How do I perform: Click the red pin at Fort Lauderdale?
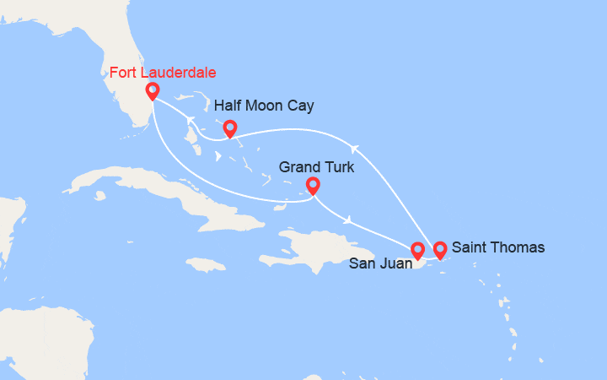pos(153,91)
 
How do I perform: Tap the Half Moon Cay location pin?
pos(229,128)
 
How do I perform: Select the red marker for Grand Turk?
pos(313,185)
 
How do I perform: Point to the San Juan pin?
pos(417,250)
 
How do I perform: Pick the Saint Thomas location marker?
pos(439,250)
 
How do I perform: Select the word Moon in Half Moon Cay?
pos(266,106)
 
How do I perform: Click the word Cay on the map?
pos(301,106)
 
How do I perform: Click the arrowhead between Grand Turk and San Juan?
pos(347,220)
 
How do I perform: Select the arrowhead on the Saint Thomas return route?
pos(355,149)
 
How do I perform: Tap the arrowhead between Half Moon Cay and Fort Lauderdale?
pos(191,119)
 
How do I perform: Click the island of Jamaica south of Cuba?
pos(207,264)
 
